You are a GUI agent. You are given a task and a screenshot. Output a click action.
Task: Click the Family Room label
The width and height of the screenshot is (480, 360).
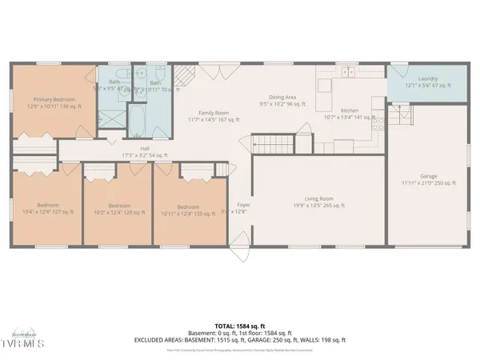coord(218,116)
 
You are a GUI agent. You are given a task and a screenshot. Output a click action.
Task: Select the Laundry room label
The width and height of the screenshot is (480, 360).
coord(427,82)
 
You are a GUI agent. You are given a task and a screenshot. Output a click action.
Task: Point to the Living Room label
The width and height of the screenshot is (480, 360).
coord(318,202)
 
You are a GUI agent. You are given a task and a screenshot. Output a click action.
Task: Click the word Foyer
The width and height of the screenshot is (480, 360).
coord(244,206)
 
